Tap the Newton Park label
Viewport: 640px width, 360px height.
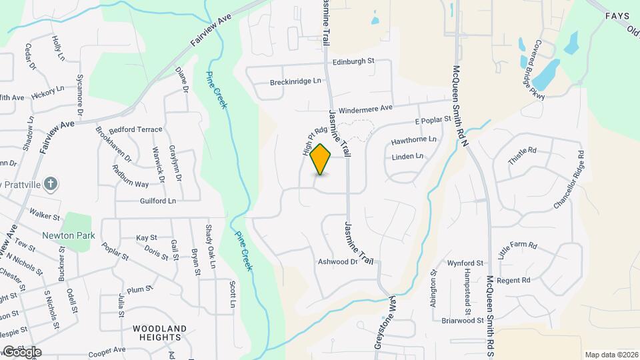[x=69, y=235]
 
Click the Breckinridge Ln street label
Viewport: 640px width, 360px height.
[x=295, y=81]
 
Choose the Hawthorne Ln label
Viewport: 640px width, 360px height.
[x=413, y=140]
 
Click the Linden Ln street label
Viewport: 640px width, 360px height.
[x=407, y=157]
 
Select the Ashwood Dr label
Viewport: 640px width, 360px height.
[x=338, y=262]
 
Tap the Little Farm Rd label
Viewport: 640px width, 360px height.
[x=517, y=250]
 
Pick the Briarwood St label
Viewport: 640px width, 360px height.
[x=462, y=321]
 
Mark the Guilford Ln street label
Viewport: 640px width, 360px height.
[x=157, y=201]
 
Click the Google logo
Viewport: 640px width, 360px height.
[x=21, y=351]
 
